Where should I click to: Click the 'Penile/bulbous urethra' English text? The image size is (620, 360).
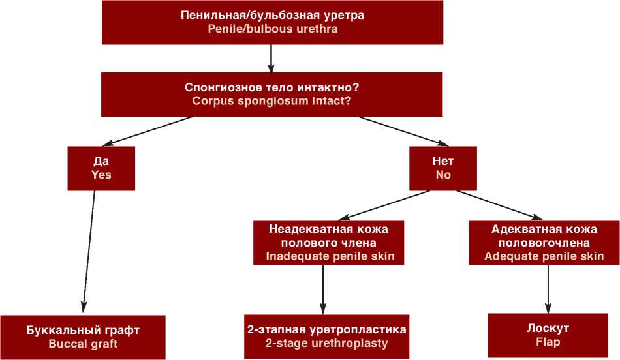click(273, 29)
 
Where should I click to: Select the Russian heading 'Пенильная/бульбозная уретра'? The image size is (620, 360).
click(273, 15)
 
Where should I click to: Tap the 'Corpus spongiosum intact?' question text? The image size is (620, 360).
click(273, 101)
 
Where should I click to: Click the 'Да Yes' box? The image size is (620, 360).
click(101, 168)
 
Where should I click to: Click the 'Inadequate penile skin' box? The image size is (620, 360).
click(329, 243)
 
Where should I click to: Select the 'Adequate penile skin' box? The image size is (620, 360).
click(544, 243)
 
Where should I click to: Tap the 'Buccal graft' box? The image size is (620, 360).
click(83, 336)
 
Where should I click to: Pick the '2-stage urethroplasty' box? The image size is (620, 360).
click(326, 336)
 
